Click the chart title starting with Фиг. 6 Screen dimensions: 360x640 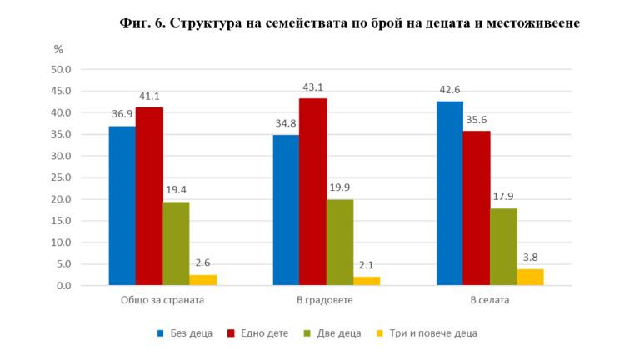point(349,23)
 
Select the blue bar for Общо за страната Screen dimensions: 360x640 point(122,206)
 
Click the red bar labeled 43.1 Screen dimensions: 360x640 point(312,192)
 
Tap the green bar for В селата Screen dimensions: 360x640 point(503,247)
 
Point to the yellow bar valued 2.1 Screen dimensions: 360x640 point(367,281)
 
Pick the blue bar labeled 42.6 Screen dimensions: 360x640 point(449,193)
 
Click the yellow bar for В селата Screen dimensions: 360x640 point(530,277)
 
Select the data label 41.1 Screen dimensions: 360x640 point(149,95)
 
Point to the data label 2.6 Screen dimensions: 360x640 point(203,262)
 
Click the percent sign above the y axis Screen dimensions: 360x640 point(58,49)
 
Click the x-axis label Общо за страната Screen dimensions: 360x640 point(162,300)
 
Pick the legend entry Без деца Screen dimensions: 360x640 point(184,333)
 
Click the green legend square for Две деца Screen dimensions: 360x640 point(307,333)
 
